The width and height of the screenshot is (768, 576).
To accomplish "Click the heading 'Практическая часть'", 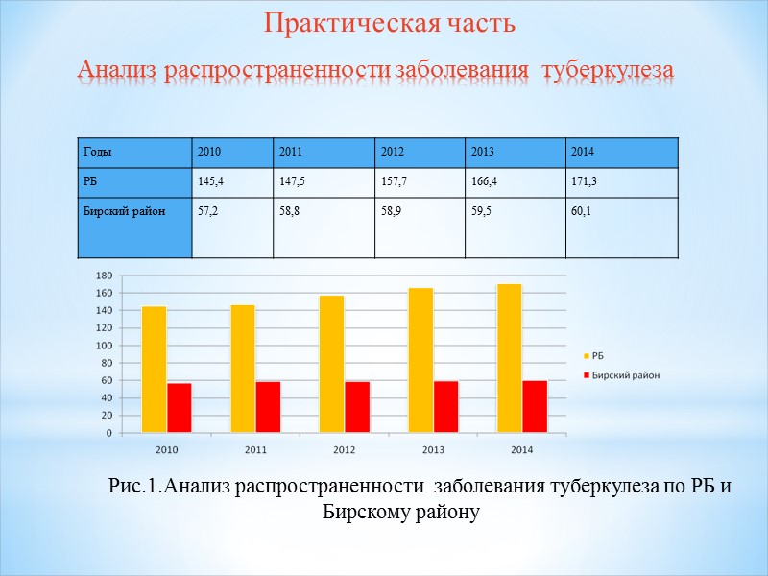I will (390, 24).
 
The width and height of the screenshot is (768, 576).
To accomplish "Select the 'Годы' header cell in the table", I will (96, 152).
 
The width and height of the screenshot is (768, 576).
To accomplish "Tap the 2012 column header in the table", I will (393, 152).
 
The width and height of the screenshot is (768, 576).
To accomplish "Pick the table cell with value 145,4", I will (210, 180).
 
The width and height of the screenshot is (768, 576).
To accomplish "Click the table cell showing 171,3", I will (585, 180).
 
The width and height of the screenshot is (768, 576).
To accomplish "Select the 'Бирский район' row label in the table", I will (111, 210).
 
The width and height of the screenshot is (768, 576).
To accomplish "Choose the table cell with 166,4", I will (485, 180).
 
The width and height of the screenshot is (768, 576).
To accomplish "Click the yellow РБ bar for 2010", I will (154, 370).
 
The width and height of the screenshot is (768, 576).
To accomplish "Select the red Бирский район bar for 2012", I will (357, 407).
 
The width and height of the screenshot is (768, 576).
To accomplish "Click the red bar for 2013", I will (445, 407).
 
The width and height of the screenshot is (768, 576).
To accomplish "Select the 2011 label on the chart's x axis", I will (255, 448).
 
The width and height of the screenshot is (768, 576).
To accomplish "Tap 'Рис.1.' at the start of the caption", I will (132, 487).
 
